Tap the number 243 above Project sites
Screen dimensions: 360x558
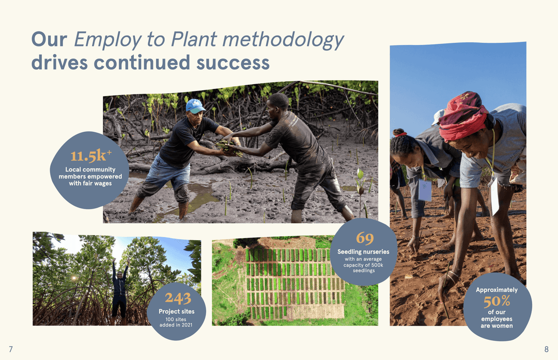178,298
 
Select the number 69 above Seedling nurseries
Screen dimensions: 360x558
364,238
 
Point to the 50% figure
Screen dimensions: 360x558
497,301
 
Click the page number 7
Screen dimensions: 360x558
11,349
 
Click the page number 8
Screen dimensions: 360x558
547,349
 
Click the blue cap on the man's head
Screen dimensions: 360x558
195,105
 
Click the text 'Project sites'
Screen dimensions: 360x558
177,311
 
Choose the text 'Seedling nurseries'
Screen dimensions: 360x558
364,252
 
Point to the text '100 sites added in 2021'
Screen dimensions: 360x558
176,322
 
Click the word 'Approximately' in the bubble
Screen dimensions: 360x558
497,290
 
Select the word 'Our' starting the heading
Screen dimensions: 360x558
49,40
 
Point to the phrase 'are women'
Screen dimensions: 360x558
497,326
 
